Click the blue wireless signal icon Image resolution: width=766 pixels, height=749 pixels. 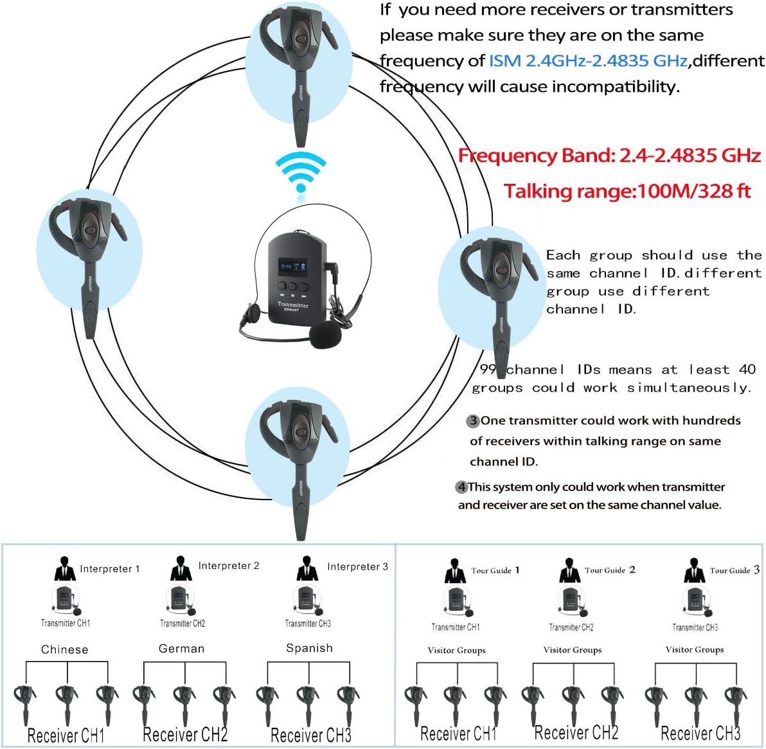(x=301, y=172)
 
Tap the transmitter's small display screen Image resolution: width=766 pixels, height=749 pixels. (x=292, y=266)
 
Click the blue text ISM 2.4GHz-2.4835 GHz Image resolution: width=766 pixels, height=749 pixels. (x=588, y=60)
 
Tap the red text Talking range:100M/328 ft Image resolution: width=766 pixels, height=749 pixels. (x=627, y=191)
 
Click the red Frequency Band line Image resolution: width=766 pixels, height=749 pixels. (x=609, y=156)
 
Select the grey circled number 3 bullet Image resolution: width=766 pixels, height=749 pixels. (x=473, y=420)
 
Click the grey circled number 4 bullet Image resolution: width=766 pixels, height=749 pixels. (x=461, y=487)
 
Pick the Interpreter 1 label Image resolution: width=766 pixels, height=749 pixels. (x=109, y=568)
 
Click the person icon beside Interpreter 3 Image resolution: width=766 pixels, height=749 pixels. (x=307, y=568)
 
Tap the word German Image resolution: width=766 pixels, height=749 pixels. (x=181, y=649)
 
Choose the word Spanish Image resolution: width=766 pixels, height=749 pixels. (x=309, y=648)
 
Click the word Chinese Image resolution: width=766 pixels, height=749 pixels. (x=64, y=649)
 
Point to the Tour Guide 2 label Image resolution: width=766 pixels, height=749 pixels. (x=610, y=570)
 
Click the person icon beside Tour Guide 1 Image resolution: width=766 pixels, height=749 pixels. (x=455, y=571)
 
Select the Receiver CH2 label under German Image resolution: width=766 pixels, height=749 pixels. (x=185, y=734)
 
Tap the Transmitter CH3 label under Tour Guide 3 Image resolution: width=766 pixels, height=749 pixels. (x=695, y=627)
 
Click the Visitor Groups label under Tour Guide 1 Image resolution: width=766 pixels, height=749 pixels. (x=456, y=650)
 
